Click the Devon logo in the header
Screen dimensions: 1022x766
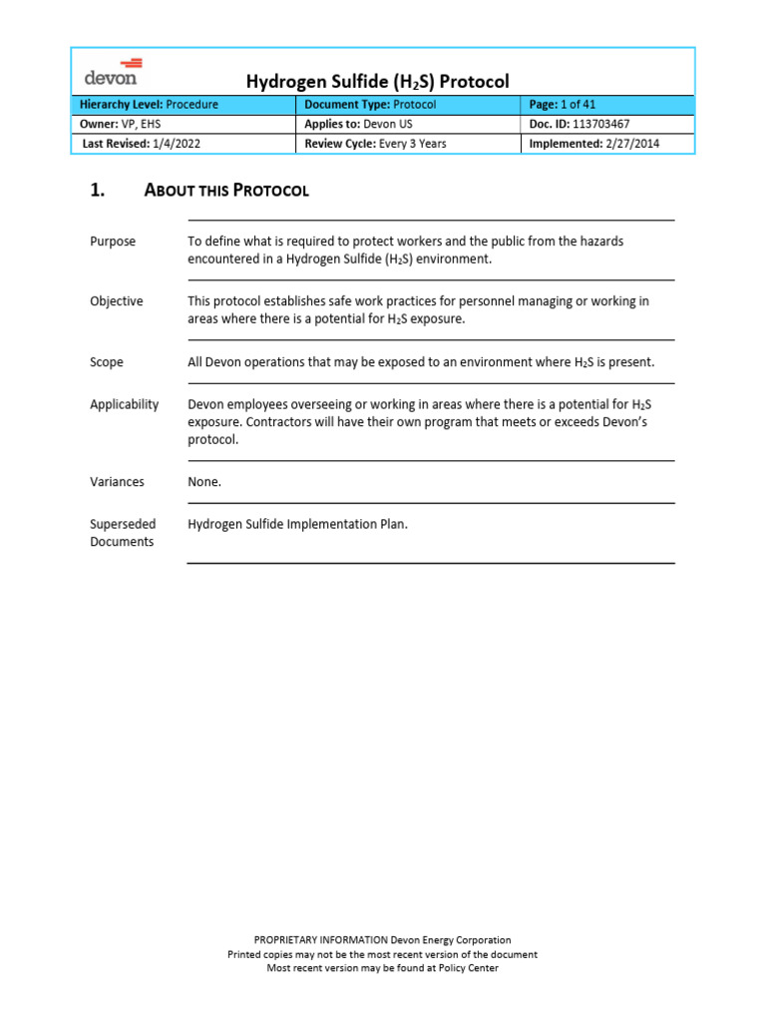111,71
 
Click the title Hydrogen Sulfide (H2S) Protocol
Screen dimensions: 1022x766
377,81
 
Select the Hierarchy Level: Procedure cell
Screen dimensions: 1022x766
149,104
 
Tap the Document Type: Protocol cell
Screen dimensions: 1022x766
370,104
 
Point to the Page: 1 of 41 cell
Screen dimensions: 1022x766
563,104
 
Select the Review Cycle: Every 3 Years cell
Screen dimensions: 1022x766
375,144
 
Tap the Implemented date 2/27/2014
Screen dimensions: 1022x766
624,144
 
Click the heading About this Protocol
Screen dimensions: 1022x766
226,191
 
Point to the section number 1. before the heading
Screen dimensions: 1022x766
98,191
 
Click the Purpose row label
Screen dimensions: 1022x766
113,242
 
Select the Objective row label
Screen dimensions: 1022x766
117,301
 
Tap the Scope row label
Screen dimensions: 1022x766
107,362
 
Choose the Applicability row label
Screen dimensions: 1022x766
125,404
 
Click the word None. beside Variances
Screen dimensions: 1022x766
204,482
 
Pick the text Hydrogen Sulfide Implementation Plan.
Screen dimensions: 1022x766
297,524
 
